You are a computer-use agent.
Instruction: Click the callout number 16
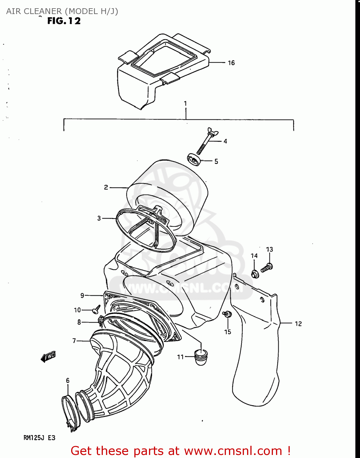coord(231,63)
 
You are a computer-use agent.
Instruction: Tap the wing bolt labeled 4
coord(205,142)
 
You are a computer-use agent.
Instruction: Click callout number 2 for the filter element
coord(106,187)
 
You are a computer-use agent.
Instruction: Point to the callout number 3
coord(99,218)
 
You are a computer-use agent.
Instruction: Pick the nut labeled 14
coord(255,274)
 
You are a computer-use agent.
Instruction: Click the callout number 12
coord(298,324)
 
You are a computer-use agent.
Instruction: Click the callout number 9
coord(82,296)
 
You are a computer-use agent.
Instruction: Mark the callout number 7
coord(74,341)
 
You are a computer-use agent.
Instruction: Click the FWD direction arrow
coord(48,356)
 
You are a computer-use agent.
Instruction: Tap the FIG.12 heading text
coord(64,21)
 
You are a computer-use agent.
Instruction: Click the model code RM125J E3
coord(39,438)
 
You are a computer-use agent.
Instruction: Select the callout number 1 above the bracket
coord(185,104)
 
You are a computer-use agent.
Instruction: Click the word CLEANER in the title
coord(43,11)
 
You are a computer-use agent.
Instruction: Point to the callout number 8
coord(79,322)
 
